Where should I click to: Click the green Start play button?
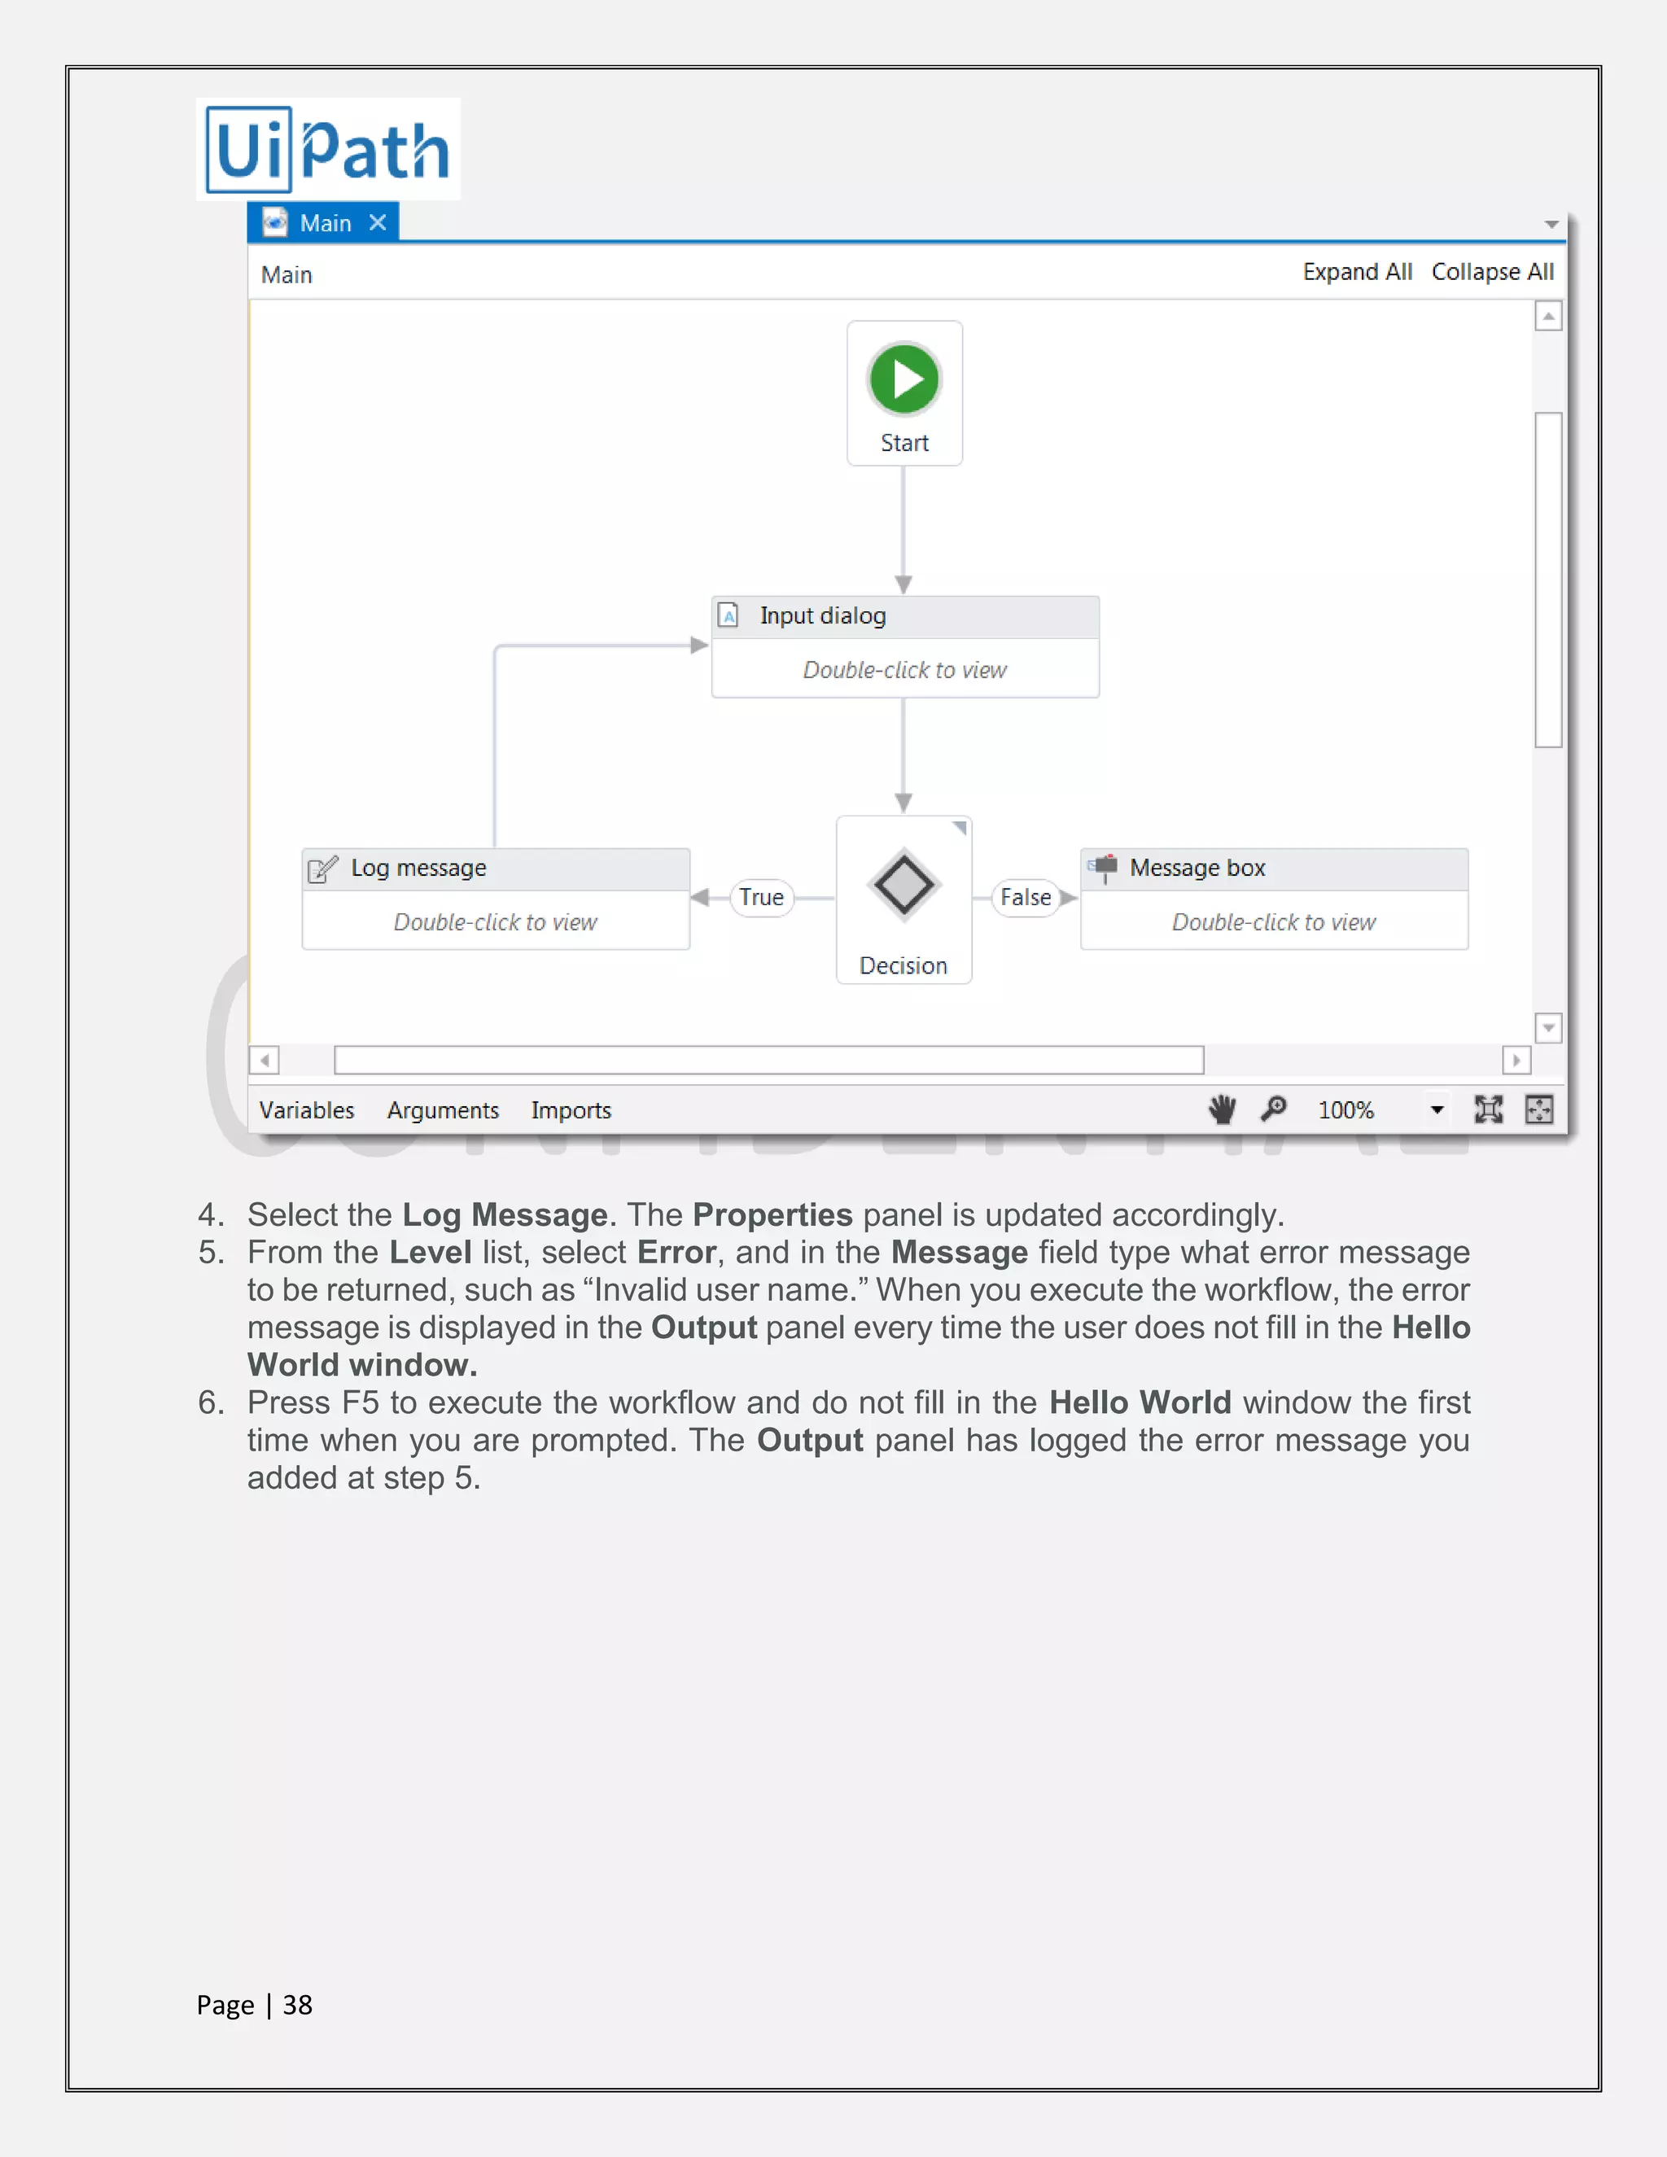coord(904,379)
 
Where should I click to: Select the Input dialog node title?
coord(823,616)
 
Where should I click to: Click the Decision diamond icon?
coord(904,885)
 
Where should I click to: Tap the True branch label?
coord(761,898)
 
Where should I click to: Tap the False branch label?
coord(1025,898)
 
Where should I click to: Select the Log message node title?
coord(418,868)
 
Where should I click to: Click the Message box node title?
coord(1197,868)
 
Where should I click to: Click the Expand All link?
coord(1357,273)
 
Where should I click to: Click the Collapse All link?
coord(1492,273)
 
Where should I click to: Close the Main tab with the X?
coord(377,223)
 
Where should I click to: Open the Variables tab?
coord(306,1110)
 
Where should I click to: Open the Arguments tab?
coord(443,1110)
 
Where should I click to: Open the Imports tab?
coord(571,1110)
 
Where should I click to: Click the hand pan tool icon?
coord(1223,1109)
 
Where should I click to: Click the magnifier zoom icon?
coord(1274,1109)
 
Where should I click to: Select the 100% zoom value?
coord(1345,1110)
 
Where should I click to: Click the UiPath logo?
coord(328,150)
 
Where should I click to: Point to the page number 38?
coord(297,2004)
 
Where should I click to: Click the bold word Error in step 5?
coord(676,1253)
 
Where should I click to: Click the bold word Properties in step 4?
coord(772,1214)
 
